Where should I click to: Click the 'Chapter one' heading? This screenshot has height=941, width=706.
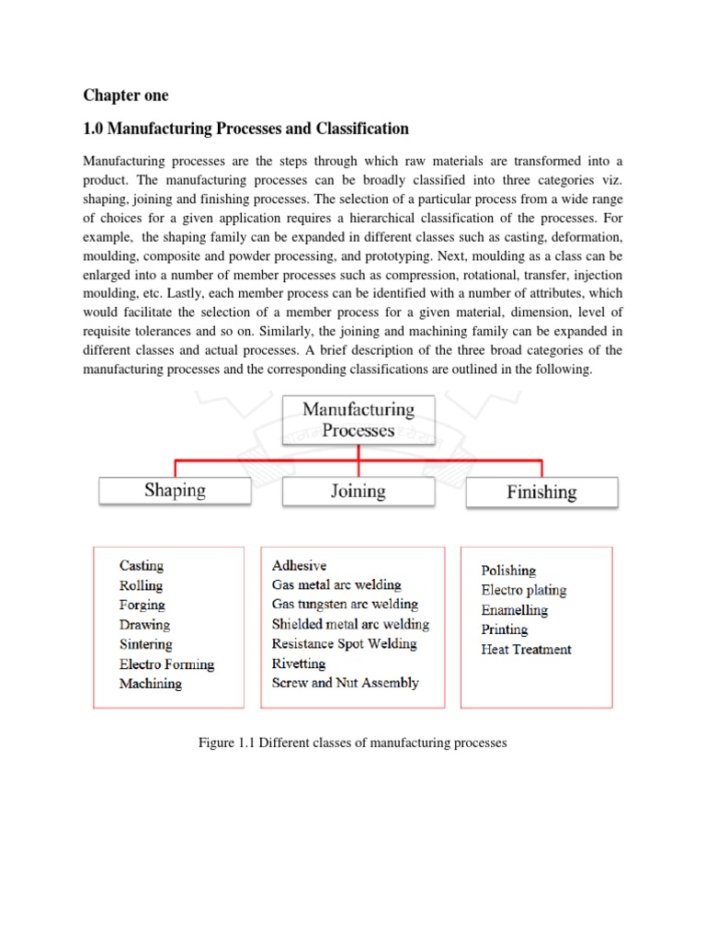pos(126,96)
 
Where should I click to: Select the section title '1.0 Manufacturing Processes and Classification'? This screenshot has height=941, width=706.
pos(245,129)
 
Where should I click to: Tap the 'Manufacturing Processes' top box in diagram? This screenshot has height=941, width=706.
pos(358,419)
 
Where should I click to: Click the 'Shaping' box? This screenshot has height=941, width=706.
pos(175,491)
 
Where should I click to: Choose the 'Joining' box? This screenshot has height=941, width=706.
pos(358,491)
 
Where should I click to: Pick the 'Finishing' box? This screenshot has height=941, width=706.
pos(541,492)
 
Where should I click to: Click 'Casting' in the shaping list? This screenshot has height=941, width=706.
pos(142,566)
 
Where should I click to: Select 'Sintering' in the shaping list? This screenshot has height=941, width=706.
pos(145,644)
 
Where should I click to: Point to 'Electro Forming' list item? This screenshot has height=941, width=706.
pos(166,663)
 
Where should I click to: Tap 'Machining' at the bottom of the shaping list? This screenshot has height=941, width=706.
pos(151,684)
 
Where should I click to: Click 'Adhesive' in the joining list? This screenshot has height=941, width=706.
pos(299,565)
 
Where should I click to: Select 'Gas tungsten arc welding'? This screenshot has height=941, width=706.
pos(345,605)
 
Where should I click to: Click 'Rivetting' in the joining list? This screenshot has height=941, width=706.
pos(298,663)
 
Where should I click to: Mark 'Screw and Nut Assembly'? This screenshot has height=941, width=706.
pos(345,683)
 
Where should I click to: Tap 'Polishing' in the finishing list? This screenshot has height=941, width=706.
pos(508,571)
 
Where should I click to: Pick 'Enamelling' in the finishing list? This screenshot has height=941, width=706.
pos(514,610)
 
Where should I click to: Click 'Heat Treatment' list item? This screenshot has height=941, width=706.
pos(526,649)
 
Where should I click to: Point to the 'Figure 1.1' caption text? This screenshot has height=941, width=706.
pos(352,742)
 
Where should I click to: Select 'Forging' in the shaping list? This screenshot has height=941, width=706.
pos(142,605)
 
